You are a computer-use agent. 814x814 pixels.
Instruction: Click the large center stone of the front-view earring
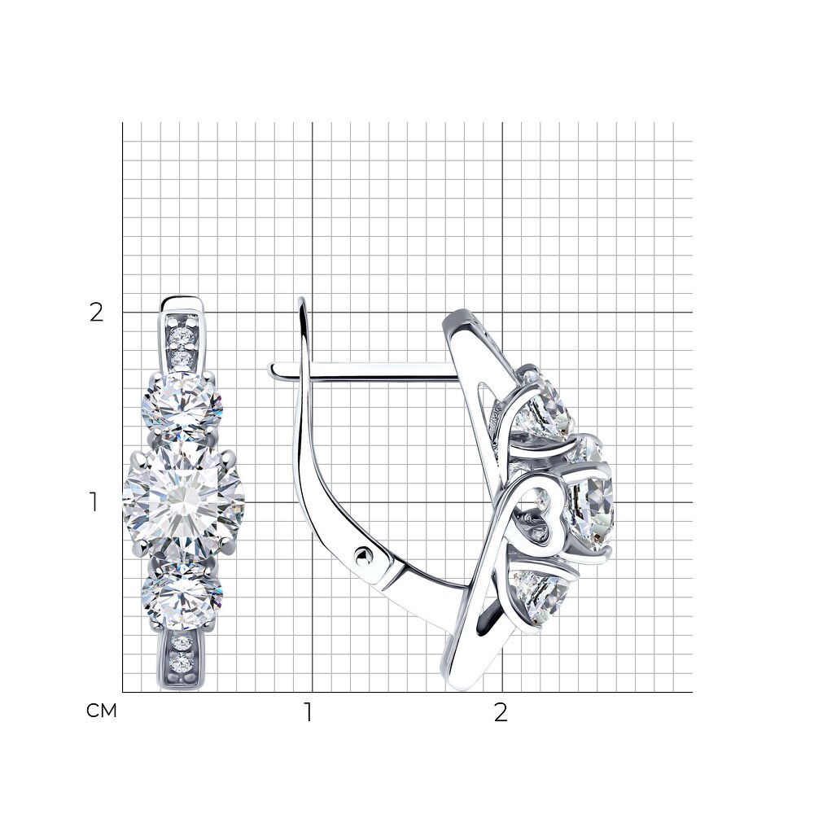183,502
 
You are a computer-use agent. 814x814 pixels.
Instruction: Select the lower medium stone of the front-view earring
182,597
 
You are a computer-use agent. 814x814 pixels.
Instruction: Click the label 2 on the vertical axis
97,313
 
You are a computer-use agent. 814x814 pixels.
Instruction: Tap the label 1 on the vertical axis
94,502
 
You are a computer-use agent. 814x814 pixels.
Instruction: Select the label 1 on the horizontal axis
309,712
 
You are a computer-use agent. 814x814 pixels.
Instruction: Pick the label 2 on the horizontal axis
501,712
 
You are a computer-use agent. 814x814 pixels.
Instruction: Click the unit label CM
102,711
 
